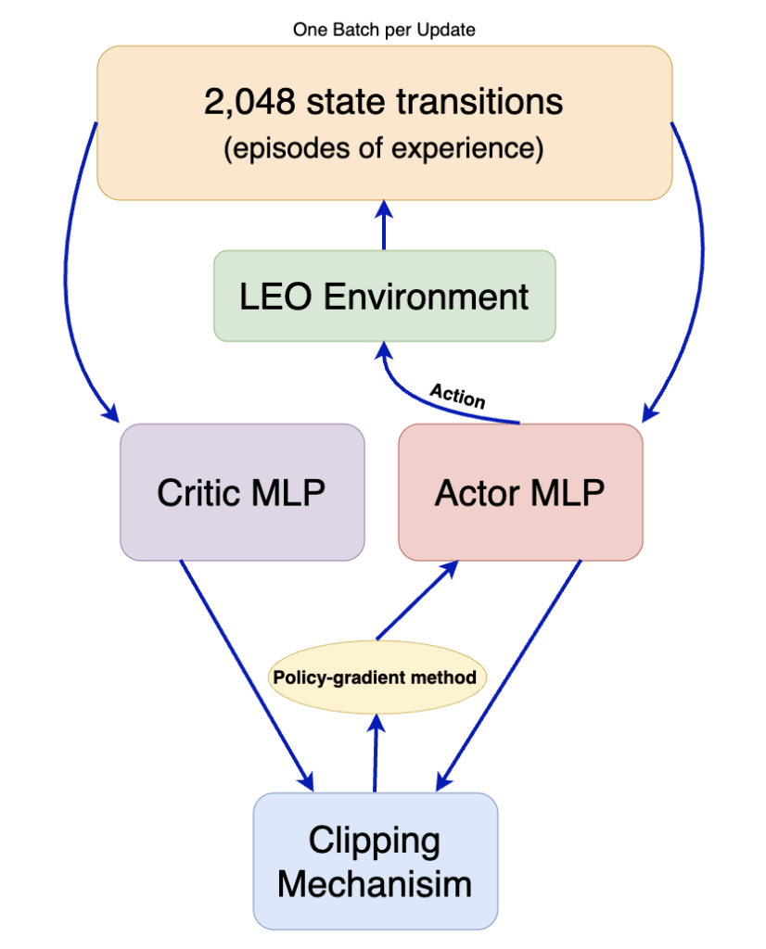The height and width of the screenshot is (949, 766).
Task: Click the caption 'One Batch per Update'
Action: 383,30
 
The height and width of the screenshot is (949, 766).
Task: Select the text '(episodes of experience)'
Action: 383,148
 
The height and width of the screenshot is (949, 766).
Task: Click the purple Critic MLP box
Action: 241,492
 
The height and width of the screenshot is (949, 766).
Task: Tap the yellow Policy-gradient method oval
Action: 375,677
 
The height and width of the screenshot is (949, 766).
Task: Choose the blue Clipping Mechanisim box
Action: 375,861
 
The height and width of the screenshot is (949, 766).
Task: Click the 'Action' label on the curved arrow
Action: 457,396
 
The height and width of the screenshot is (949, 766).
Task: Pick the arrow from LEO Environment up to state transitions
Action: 384,225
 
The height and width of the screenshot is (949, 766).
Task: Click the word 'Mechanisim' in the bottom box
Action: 375,882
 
